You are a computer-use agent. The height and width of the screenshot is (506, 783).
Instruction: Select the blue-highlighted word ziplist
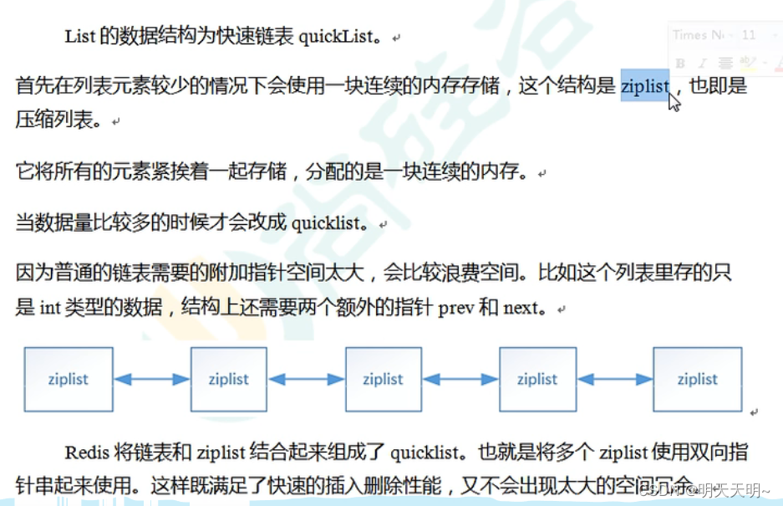point(645,86)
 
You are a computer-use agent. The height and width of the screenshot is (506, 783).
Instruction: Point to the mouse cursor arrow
point(674,102)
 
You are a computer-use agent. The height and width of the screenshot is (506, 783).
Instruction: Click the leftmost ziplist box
point(69,379)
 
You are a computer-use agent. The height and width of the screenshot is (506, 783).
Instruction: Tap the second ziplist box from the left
point(229,379)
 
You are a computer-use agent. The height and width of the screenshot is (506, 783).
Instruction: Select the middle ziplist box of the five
point(383,379)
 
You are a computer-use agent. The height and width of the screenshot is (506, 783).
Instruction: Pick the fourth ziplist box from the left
point(536,379)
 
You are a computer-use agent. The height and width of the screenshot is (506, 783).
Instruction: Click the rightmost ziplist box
point(697,379)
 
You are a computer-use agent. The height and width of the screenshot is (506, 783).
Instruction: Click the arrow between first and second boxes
point(151,380)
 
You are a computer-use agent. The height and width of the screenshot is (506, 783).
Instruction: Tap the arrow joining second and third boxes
point(306,380)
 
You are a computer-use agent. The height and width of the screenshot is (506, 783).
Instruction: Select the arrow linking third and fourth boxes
point(460,380)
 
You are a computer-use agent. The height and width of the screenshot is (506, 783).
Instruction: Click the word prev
point(456,308)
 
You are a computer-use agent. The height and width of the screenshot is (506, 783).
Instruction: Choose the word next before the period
point(521,308)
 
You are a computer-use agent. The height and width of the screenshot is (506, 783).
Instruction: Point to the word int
point(50,308)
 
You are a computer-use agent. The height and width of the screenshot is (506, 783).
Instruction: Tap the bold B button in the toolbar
point(680,63)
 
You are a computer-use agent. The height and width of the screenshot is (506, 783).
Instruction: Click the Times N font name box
point(699,35)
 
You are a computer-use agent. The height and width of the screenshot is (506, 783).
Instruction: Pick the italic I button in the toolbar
point(702,63)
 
